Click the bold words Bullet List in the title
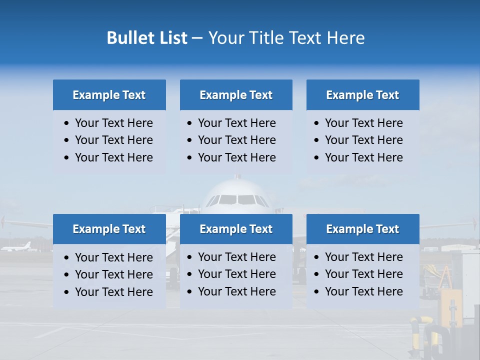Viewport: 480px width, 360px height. pyautogui.click(x=147, y=38)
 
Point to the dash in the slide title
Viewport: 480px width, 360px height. pyautogui.click(x=197, y=38)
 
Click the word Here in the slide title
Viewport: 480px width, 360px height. pyautogui.click(x=345, y=38)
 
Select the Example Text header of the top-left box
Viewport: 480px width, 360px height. pyautogui.click(x=109, y=95)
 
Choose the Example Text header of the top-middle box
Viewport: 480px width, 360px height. pyautogui.click(x=236, y=95)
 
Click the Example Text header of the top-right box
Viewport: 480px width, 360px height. pyautogui.click(x=362, y=95)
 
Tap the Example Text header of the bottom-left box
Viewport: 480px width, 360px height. pyautogui.click(x=109, y=229)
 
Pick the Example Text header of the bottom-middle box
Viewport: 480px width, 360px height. pyautogui.click(x=236, y=229)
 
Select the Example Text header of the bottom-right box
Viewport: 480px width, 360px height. pyautogui.click(x=362, y=229)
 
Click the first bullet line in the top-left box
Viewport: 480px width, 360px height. pyautogui.click(x=113, y=123)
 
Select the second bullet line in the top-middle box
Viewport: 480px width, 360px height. pyautogui.click(x=236, y=140)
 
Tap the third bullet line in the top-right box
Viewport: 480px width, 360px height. pyautogui.click(x=363, y=157)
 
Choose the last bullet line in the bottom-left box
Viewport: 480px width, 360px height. pyautogui.click(x=113, y=291)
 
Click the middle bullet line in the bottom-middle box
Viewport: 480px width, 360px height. pyautogui.click(x=236, y=274)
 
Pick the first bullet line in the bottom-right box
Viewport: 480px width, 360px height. pyautogui.click(x=363, y=257)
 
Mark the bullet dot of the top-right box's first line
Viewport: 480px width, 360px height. pyautogui.click(x=317, y=123)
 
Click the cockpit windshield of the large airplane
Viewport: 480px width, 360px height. pyautogui.click(x=237, y=199)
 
